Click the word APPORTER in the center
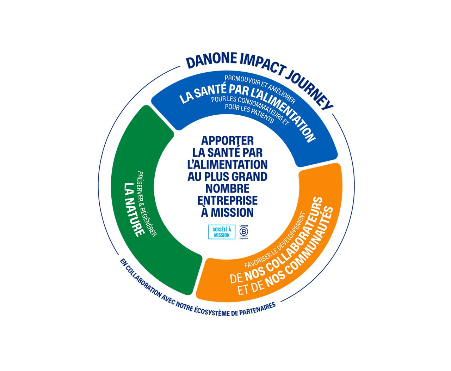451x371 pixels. point(227,140)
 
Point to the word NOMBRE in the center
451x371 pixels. point(227,188)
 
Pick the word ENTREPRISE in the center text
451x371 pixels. point(227,200)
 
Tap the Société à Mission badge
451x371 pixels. point(221,232)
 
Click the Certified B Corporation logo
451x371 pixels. point(244,232)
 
